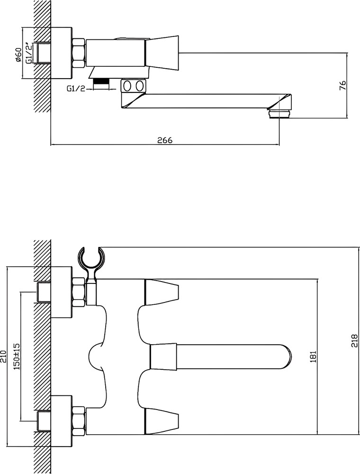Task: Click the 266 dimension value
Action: [164, 140]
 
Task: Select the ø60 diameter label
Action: [18, 55]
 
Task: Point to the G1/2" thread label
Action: [29, 52]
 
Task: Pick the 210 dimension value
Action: [3, 355]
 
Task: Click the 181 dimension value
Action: [313, 356]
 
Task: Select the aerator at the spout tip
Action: [280, 114]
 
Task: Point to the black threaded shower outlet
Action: [101, 81]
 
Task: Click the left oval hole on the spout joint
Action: [127, 86]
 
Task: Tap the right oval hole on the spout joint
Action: [139, 86]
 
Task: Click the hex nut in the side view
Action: [79, 53]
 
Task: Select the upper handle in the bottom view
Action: [162, 292]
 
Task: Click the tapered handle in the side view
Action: [162, 53]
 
